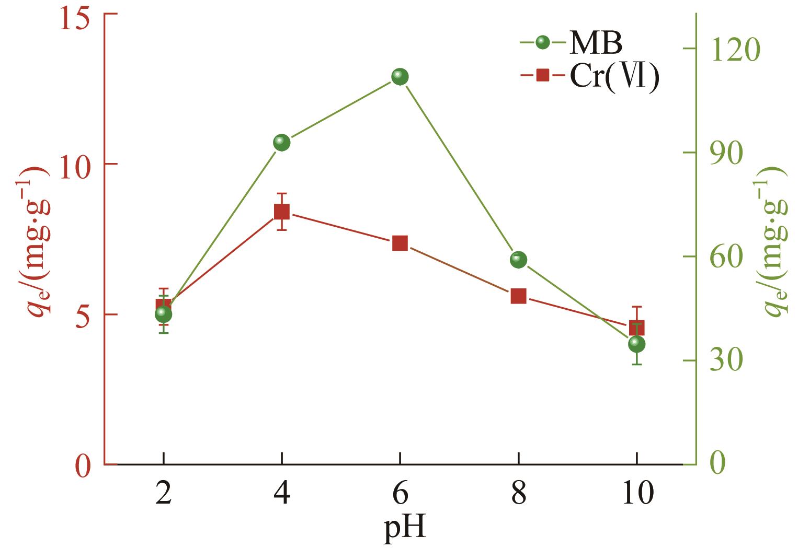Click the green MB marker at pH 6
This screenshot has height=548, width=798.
click(x=400, y=77)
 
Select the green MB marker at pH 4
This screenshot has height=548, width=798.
click(x=281, y=142)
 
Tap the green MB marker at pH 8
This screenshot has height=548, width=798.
click(x=518, y=259)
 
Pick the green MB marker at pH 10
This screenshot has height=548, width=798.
click(x=636, y=344)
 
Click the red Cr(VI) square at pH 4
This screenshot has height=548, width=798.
click(x=281, y=212)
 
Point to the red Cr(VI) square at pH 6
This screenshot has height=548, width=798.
click(x=400, y=243)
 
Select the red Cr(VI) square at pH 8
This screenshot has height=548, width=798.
click(x=518, y=296)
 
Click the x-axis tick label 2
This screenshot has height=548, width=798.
click(x=163, y=493)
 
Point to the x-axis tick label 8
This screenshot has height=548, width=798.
click(x=518, y=493)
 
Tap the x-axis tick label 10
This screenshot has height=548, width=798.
click(x=636, y=493)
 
